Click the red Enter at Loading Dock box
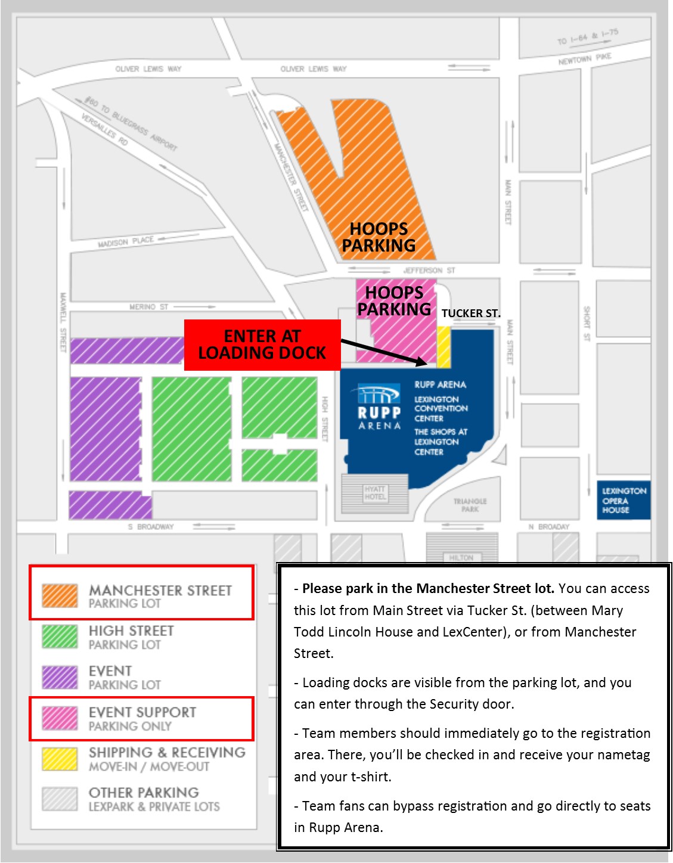(262, 344)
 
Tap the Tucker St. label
(471, 313)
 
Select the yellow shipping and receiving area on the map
(444, 347)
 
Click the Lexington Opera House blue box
(624, 501)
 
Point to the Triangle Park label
(470, 505)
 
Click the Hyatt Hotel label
(375, 493)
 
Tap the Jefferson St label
(429, 271)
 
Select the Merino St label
(149, 307)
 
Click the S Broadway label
(151, 527)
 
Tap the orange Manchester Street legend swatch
(60, 596)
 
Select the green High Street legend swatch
(60, 637)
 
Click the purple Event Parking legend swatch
(60, 677)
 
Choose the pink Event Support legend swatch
(60, 718)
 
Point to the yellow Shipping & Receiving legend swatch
(60, 759)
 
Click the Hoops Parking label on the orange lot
(379, 237)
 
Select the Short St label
(587, 323)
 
